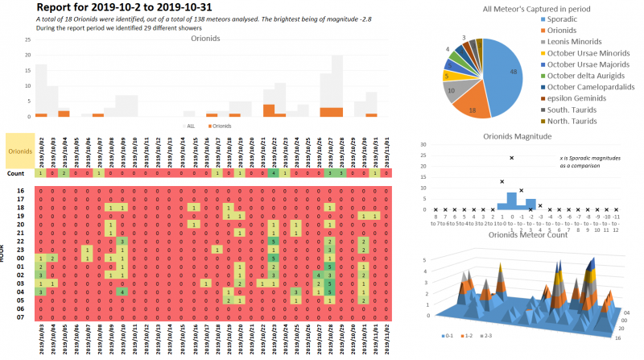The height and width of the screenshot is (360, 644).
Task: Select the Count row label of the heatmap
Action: [15, 173]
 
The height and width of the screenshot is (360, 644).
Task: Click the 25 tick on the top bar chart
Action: [29, 39]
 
